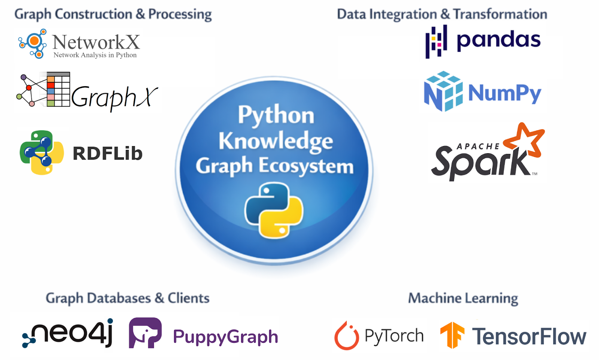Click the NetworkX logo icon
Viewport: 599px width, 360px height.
pyautogui.click(x=33, y=43)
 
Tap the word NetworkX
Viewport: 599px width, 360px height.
pyautogui.click(x=96, y=42)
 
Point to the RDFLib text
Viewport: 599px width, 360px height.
pyautogui.click(x=107, y=153)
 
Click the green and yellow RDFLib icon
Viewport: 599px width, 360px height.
pyautogui.click(x=42, y=152)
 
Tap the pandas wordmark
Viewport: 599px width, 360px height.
pyautogui.click(x=498, y=40)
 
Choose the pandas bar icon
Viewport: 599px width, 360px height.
pyautogui.click(x=436, y=41)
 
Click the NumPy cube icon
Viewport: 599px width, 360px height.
pyautogui.click(x=443, y=91)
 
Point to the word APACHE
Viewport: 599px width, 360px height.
pyautogui.click(x=478, y=146)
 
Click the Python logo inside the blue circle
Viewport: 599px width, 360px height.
pyautogui.click(x=274, y=209)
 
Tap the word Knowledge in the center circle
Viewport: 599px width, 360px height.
pyautogui.click(x=276, y=141)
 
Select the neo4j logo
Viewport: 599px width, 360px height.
pyautogui.click(x=68, y=333)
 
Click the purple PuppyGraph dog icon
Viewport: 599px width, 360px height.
pyautogui.click(x=145, y=333)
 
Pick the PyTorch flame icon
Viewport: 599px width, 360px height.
pyautogui.click(x=346, y=336)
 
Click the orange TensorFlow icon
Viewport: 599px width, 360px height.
pyautogui.click(x=452, y=335)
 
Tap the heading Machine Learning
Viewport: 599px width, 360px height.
pyautogui.click(x=463, y=298)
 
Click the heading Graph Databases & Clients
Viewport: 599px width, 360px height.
pyautogui.click(x=127, y=298)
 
